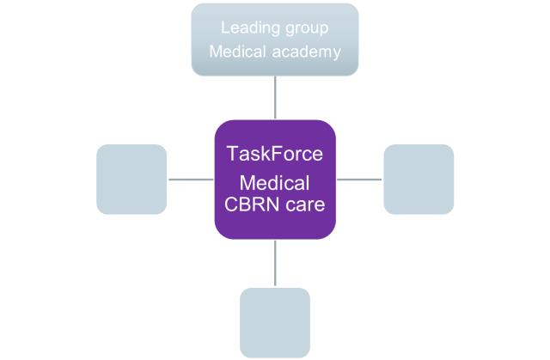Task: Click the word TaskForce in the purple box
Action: point(274,155)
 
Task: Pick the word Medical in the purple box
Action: point(274,183)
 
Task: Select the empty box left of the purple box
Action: point(131,180)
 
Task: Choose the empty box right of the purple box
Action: point(419,180)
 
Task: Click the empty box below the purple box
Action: point(275,322)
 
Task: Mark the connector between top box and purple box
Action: point(275,97)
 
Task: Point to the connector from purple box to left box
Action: point(191,180)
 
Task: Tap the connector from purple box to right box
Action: point(359,180)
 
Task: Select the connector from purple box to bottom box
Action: point(275,263)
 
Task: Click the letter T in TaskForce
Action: point(231,155)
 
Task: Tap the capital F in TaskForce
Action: point(276,155)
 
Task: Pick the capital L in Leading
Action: point(225,27)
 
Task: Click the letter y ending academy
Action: point(336,52)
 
